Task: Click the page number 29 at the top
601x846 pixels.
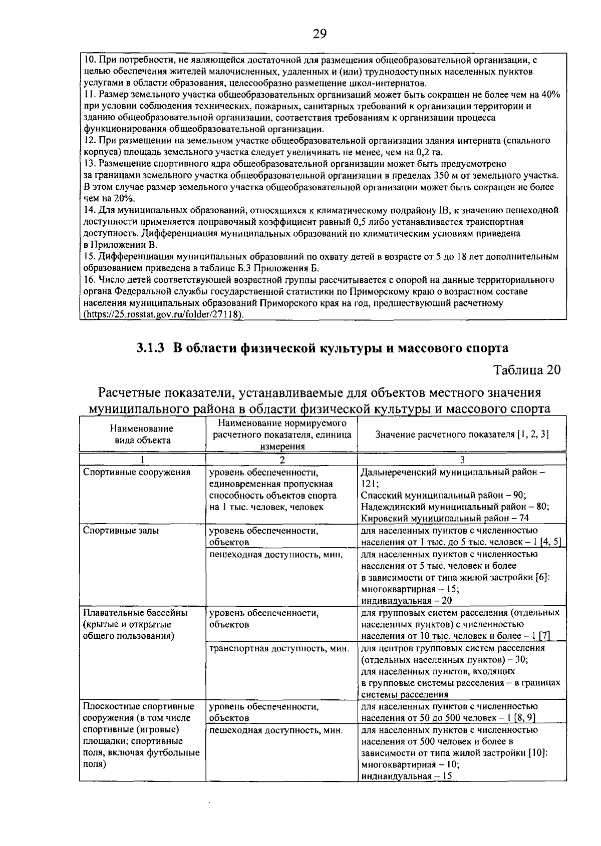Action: [320, 34]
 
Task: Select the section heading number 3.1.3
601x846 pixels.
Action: [150, 347]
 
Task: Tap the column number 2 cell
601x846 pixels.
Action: [282, 459]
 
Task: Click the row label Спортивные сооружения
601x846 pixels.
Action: [137, 472]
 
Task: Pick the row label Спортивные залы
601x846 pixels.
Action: [121, 530]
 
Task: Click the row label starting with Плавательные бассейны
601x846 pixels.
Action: [135, 612]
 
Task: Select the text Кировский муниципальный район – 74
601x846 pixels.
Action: [445, 518]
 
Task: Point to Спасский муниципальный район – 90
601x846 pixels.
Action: [443, 495]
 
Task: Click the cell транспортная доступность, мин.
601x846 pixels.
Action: [279, 648]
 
